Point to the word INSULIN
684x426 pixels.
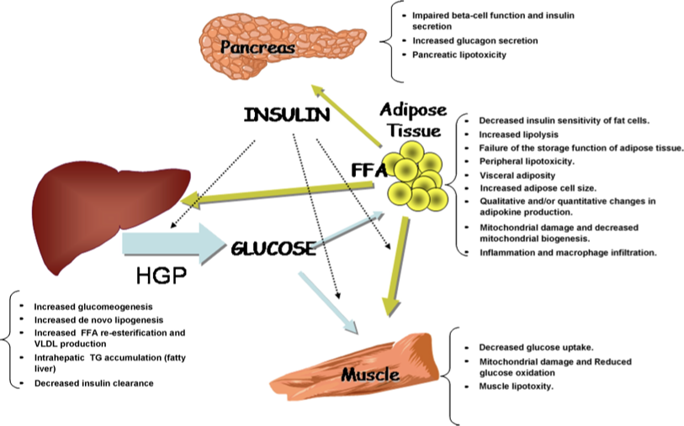pos(286,116)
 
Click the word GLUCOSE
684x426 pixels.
pos(273,249)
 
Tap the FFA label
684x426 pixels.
pos(368,171)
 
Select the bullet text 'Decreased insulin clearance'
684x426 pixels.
pos(94,383)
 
